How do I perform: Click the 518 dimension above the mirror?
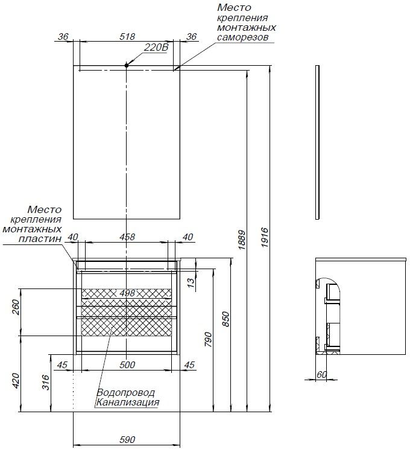[x=127, y=36]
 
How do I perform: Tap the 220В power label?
[x=156, y=48]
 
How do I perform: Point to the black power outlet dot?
[x=127, y=65]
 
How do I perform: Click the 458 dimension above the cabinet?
[x=127, y=237]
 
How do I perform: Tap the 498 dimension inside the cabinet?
[x=127, y=292]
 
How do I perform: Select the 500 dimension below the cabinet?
[x=127, y=365]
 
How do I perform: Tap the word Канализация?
[x=127, y=402]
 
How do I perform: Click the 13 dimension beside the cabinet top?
[x=191, y=281]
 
